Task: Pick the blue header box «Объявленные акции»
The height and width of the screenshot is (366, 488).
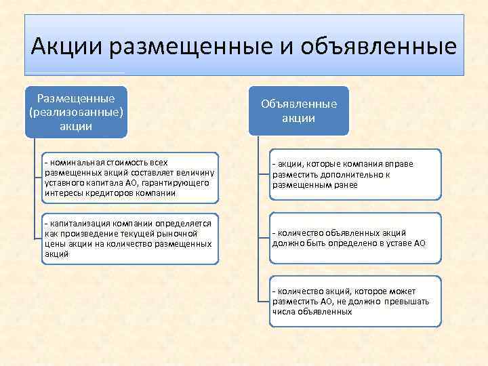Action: [x=299, y=110]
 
